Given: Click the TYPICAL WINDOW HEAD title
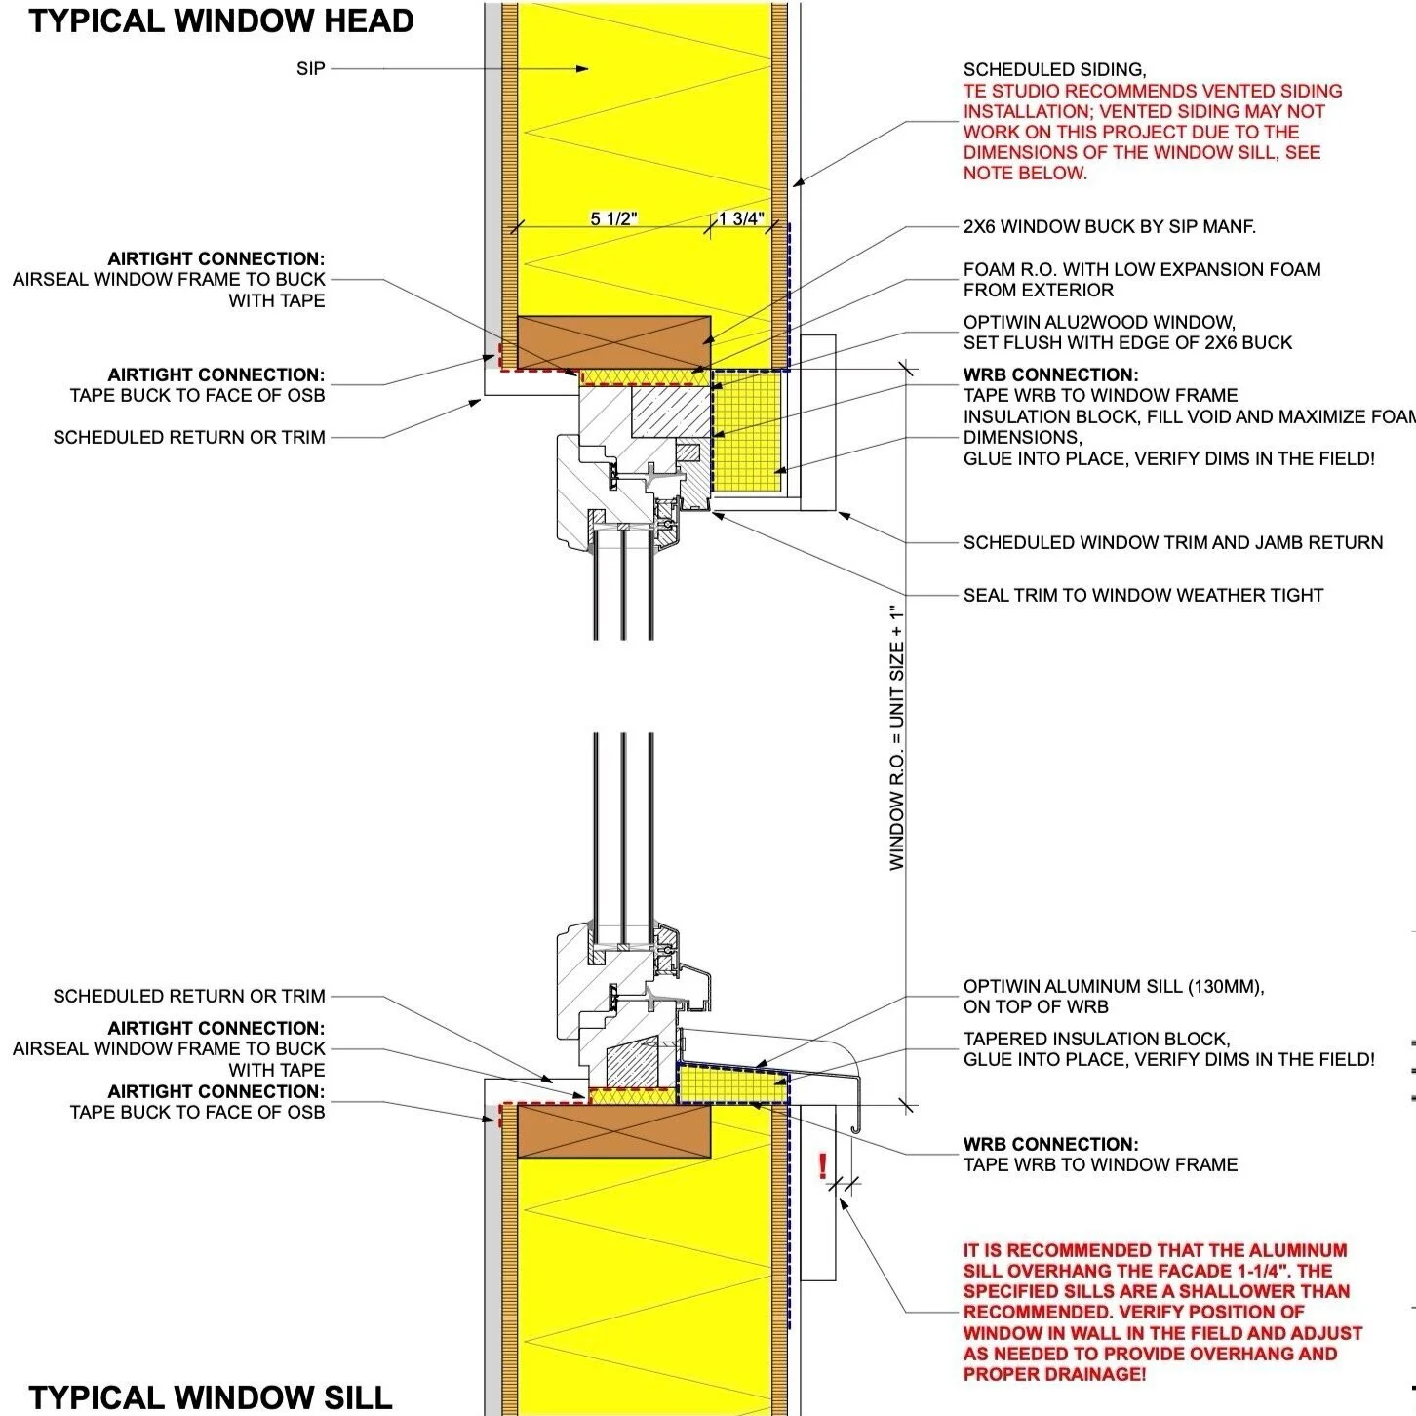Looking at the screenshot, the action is [221, 21].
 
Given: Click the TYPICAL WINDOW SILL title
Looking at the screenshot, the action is [211, 1396].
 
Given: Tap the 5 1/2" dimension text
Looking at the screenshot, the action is [613, 218].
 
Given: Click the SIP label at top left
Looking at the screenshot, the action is [311, 69].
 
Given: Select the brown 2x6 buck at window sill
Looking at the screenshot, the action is [613, 1131].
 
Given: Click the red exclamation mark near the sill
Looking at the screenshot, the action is [823, 1165].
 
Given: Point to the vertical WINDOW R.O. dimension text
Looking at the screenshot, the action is [897, 736].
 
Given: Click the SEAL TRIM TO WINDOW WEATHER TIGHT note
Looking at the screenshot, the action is [1143, 595].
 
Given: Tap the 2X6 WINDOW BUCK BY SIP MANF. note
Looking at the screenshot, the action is [1109, 227].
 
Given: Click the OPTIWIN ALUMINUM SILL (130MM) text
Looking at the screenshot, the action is [1113, 987].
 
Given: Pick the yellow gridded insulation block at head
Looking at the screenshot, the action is [748, 429].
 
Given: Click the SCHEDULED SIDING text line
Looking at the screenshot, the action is [1054, 70].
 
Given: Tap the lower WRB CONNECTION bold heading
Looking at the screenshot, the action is [1050, 1144].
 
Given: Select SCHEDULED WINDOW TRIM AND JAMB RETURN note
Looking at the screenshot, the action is [1172, 543].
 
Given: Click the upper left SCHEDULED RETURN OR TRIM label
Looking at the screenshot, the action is [189, 438].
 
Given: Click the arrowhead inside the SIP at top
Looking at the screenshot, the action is [582, 69].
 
